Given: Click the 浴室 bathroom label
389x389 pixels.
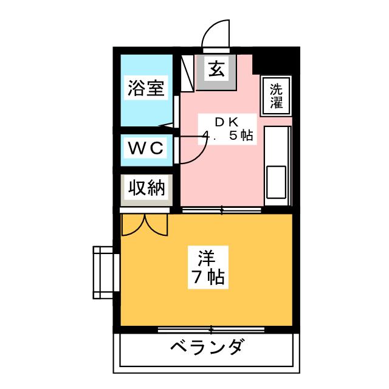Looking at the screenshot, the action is pyautogui.click(x=146, y=89).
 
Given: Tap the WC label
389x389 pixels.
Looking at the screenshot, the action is pyautogui.click(x=146, y=148).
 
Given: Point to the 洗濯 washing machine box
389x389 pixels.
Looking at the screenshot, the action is pyautogui.click(x=277, y=96).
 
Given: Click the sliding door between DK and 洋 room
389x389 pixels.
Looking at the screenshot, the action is pyautogui.click(x=222, y=210).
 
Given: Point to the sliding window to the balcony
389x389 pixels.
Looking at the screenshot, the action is pyautogui.click(x=211, y=330).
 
